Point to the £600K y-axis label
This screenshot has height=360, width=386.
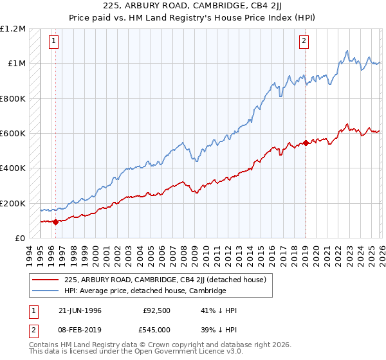pyautogui.click(x=13, y=134)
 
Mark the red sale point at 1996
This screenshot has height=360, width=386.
pyautogui.click(x=55, y=222)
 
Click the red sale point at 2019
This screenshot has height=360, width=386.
pyautogui.click(x=306, y=143)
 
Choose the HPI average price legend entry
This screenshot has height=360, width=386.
pyautogui.click(x=145, y=291)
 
